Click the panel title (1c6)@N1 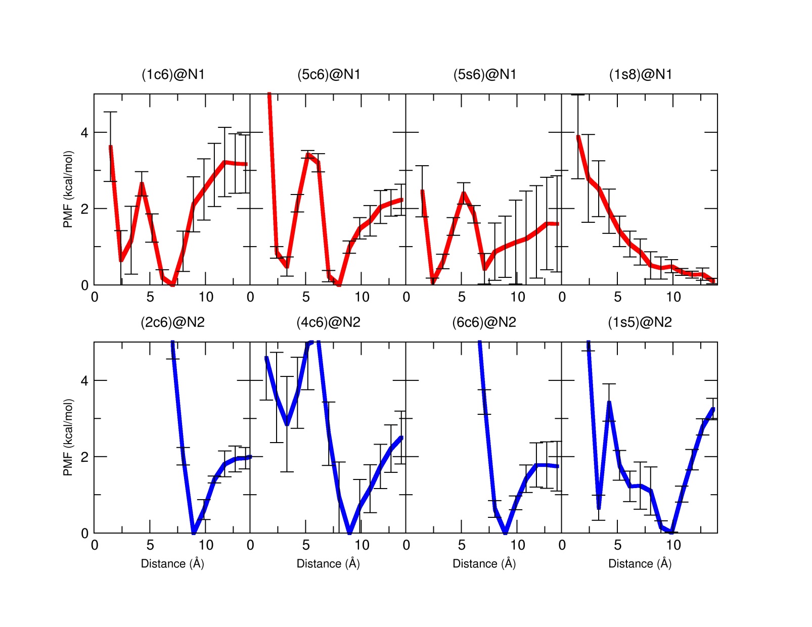[x=173, y=75]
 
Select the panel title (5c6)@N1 [x=329, y=75]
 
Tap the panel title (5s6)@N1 [x=484, y=75]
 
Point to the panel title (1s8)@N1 [x=640, y=75]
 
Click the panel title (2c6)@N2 [x=172, y=322]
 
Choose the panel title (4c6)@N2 [x=328, y=322]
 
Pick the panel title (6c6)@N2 [x=484, y=322]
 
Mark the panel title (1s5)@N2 [x=640, y=322]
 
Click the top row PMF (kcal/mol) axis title [x=68, y=189]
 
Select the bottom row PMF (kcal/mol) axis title [x=68, y=438]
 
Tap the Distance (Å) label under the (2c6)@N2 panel [x=172, y=564]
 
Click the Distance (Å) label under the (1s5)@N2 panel [x=640, y=564]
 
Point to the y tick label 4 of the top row [x=84, y=133]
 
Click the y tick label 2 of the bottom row [x=84, y=457]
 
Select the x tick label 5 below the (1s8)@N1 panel [x=617, y=297]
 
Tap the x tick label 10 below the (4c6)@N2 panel [x=362, y=545]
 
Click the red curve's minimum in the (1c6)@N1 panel [x=173, y=284]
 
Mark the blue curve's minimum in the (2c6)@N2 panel [x=194, y=532]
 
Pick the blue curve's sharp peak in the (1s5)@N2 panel [x=609, y=403]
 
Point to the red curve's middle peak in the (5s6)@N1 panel [x=463, y=194]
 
